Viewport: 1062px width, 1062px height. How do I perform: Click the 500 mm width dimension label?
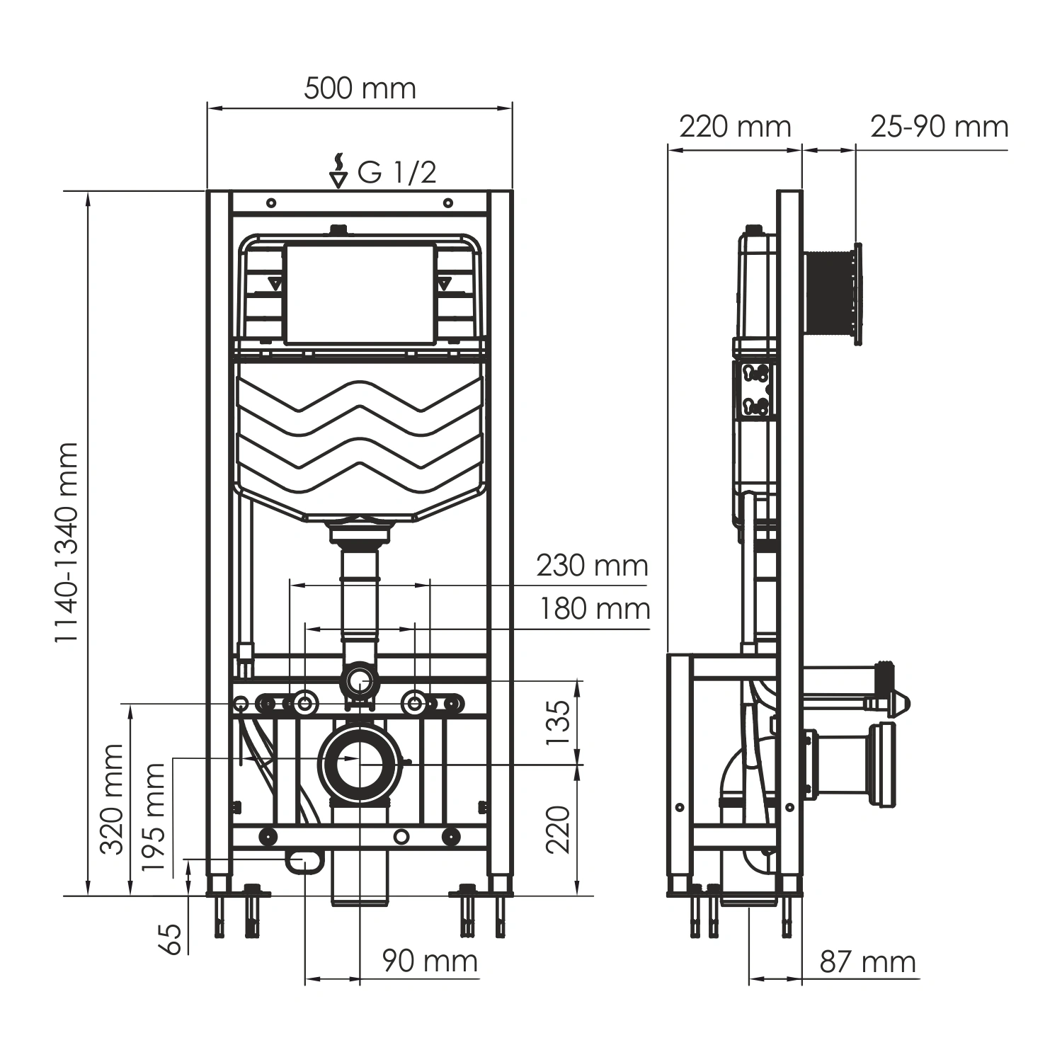360,88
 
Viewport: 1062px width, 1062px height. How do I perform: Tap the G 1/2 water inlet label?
396,172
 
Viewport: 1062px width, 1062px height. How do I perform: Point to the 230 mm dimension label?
592,566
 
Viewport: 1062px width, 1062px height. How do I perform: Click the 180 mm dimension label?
595,609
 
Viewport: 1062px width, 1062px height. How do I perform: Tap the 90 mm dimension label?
430,961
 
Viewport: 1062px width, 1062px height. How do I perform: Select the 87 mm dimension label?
867,962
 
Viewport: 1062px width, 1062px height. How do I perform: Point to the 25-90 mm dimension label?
939,127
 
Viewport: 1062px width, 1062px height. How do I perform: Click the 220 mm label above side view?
735,127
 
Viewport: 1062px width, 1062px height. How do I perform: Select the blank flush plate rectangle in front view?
360,295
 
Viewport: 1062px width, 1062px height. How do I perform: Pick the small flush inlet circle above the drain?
360,680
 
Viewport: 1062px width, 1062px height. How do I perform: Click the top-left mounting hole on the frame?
271,203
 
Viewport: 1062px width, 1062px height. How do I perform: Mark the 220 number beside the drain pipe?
559,828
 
